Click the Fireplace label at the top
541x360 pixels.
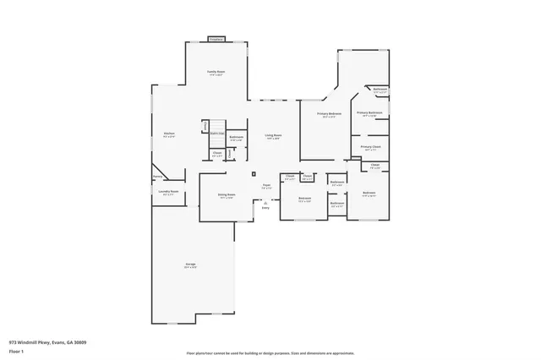click(x=216, y=40)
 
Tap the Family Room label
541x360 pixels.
click(x=216, y=73)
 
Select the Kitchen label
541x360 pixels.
click(x=169, y=133)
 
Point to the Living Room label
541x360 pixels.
click(x=273, y=135)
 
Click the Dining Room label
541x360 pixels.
click(x=227, y=194)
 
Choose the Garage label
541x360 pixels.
click(x=191, y=265)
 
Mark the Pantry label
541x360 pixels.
click(x=157, y=177)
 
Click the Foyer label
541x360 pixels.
click(x=265, y=185)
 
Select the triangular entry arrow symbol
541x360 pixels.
click(x=265, y=202)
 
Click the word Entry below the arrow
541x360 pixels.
click(x=265, y=208)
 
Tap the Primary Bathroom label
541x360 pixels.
click(x=369, y=112)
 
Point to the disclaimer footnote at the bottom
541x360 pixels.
click(x=270, y=352)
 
